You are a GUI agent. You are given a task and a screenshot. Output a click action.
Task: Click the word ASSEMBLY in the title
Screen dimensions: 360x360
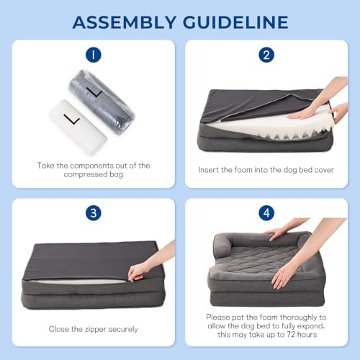[125, 22]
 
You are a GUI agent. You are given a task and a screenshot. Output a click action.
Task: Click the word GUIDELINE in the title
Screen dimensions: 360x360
[235, 22]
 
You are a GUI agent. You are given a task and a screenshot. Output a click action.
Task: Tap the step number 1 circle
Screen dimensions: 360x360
[94, 55]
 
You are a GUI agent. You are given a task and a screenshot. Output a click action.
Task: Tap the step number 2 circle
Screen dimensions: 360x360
[266, 55]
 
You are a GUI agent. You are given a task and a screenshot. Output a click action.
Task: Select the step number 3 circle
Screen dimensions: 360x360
[94, 213]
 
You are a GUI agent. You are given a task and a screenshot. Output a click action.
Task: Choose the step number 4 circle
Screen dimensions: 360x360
[266, 213]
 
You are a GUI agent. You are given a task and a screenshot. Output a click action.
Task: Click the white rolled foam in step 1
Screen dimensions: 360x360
[78, 127]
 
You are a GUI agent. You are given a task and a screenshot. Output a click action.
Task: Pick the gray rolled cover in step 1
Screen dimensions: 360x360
[102, 102]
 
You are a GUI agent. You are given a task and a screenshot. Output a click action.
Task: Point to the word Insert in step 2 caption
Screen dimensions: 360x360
[208, 170]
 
